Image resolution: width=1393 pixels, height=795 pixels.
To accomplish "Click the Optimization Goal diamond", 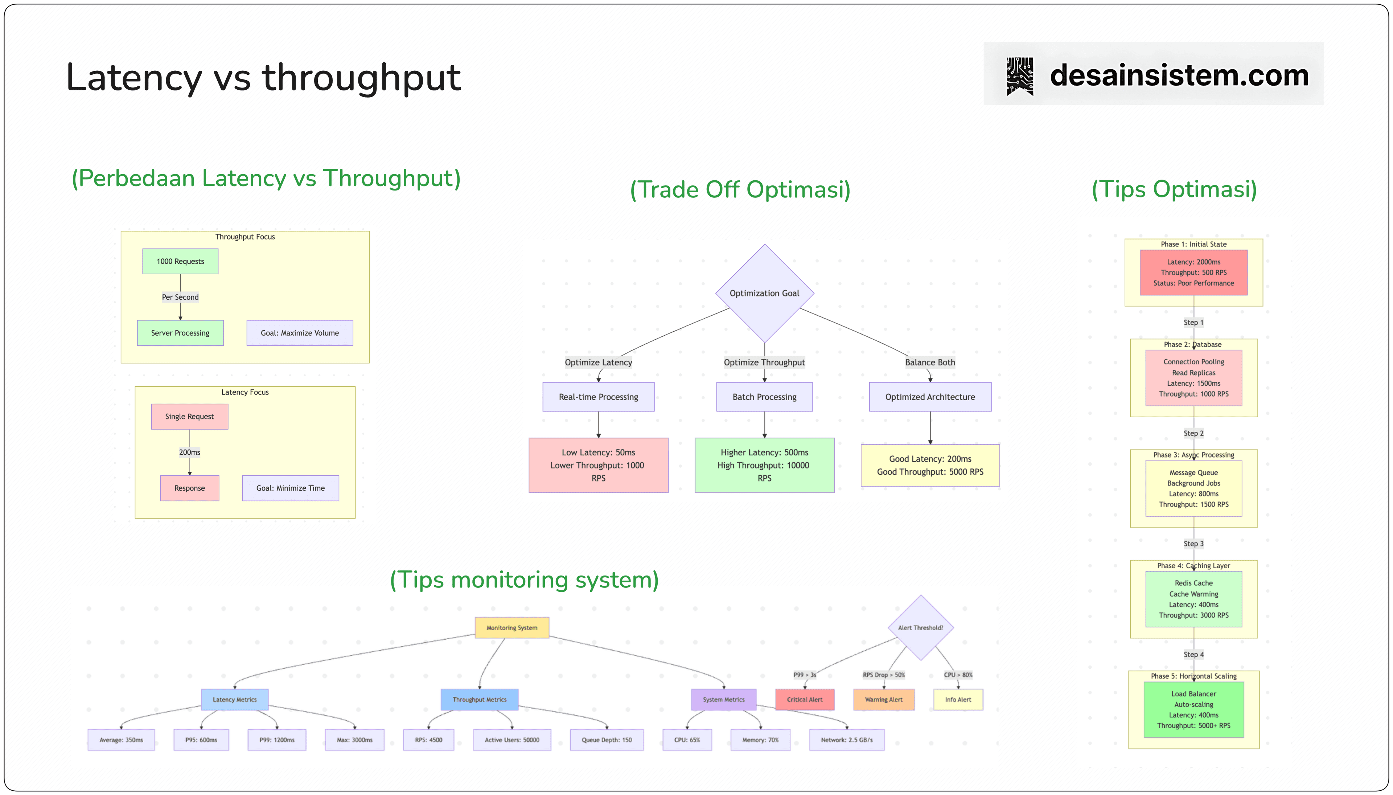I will point(764,293).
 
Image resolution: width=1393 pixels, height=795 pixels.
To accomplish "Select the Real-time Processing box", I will point(598,397).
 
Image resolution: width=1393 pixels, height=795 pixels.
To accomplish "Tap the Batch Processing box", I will point(764,397).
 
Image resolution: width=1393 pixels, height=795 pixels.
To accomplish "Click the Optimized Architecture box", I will point(930,397).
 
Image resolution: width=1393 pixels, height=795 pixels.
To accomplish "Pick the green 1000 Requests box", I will point(180,262).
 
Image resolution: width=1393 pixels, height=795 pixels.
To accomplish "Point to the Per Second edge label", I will point(180,297).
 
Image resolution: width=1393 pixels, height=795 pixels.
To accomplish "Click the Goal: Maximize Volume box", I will point(300,333).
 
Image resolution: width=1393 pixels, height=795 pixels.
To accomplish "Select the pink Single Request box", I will point(189,417).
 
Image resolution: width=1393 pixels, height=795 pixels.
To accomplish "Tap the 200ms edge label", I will point(189,452).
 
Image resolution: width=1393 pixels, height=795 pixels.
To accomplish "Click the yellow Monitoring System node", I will point(511,628).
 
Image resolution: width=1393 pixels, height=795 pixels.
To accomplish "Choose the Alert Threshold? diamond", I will point(920,628).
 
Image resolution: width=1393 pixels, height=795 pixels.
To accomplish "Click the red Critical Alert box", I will point(805,700).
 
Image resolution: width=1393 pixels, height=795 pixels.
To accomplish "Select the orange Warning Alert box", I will point(883,700).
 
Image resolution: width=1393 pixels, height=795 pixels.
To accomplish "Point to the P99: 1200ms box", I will point(277,740).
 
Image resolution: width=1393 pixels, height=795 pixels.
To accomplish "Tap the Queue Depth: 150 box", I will point(607,740).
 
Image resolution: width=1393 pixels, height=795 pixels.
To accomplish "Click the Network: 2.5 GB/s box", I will point(847,740).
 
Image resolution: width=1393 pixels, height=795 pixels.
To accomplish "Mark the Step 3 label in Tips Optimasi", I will point(1193,544).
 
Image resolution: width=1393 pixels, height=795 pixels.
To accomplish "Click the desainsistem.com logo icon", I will point(1020,76).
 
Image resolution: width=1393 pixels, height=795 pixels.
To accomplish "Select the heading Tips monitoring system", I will point(524,580).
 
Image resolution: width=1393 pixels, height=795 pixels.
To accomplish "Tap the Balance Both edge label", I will point(930,362).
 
